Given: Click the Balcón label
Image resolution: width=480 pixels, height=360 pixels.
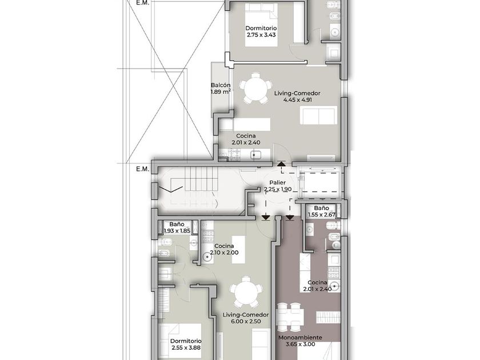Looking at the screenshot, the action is point(221,85).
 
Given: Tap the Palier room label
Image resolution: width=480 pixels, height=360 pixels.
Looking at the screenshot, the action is point(278,183).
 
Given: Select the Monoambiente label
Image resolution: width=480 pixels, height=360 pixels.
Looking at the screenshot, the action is point(300,338).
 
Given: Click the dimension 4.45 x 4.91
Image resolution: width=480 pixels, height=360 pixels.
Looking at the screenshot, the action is point(298,100).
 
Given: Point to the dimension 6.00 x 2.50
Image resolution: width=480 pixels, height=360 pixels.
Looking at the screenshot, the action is point(246,321).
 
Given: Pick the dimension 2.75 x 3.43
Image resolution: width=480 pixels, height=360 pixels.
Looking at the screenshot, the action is point(261,35).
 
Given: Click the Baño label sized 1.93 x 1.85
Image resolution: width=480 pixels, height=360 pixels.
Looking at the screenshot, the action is point(177,225).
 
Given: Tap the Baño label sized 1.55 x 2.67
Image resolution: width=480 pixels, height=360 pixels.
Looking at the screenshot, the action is point(321,208).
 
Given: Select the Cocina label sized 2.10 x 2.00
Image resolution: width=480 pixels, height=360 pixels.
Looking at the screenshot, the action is point(224,246).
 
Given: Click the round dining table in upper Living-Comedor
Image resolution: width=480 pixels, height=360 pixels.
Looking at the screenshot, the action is point(255,89).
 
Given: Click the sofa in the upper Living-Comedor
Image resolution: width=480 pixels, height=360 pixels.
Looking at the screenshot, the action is point(319,115).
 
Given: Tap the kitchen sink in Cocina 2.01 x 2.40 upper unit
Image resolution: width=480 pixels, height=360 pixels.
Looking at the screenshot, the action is point(255,155).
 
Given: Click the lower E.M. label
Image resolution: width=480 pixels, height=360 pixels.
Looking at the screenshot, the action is point(143,169).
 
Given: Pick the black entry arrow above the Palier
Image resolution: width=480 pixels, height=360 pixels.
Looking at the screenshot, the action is point(281,163).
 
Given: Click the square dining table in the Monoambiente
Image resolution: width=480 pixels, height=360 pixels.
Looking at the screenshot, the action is point(290,317).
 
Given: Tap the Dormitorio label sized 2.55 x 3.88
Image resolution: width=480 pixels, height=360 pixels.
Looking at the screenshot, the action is point(186,341).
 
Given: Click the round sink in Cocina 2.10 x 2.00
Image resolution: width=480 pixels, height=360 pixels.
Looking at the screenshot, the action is point(208,258).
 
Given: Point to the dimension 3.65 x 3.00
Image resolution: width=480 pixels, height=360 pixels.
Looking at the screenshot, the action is point(300,344).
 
